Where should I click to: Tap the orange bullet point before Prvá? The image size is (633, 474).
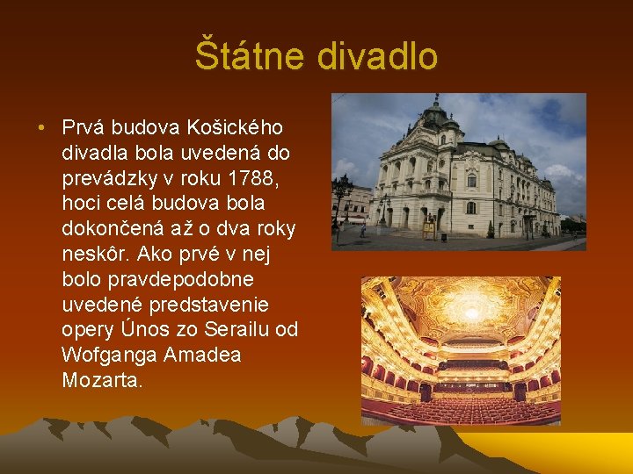point(42,128)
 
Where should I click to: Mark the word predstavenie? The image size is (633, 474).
point(207,305)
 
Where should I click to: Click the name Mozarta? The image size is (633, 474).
point(99,381)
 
